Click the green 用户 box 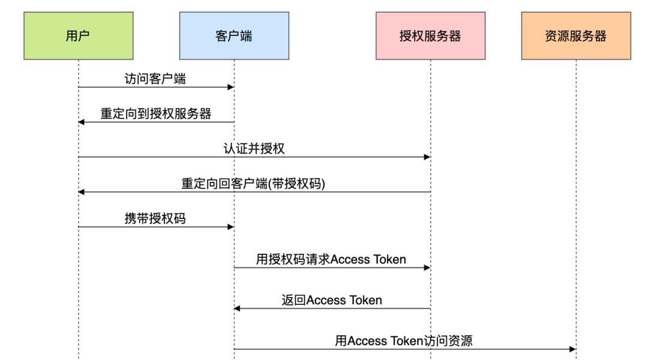point(78,35)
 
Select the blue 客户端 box point(233,35)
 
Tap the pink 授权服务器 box point(430,35)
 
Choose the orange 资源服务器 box point(575,35)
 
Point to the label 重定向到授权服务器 point(155,114)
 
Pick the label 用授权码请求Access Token point(331,260)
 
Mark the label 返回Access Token point(331,300)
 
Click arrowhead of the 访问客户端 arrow point(230,88)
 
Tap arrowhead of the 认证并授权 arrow point(427,157)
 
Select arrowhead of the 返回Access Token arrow point(237,308)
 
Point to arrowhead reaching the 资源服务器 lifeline point(572,349)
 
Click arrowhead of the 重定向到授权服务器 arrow point(82,122)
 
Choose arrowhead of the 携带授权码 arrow point(230,227)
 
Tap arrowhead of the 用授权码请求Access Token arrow point(427,268)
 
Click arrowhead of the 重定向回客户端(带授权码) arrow point(82,192)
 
